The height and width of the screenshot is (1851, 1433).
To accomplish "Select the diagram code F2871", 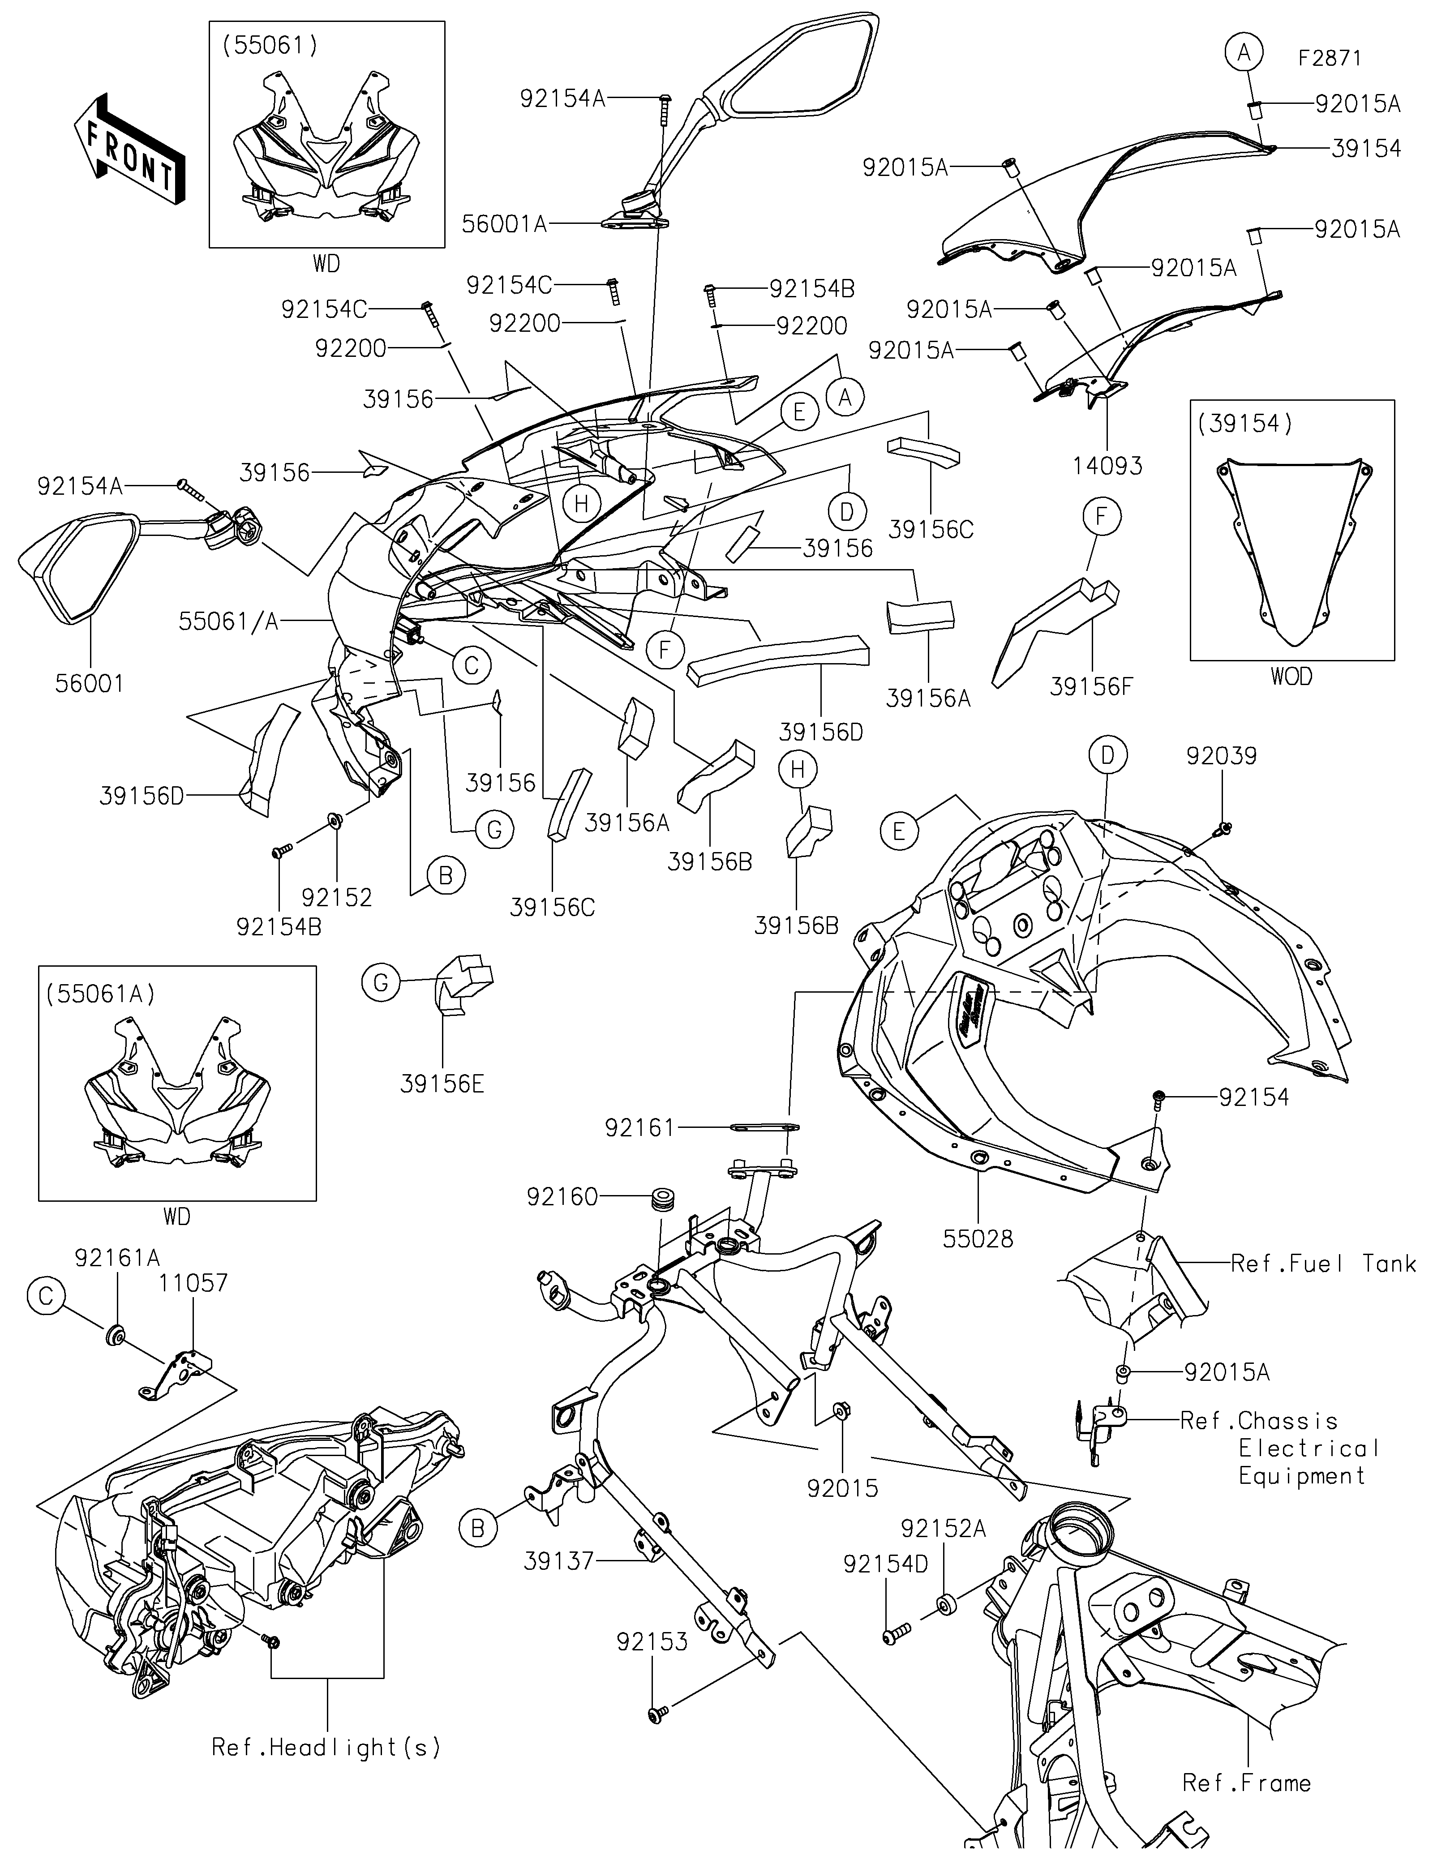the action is (x=1330, y=59).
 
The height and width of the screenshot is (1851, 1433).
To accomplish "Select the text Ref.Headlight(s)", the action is (x=326, y=1748).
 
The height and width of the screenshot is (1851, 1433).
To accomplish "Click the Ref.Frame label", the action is (x=1247, y=1783).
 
